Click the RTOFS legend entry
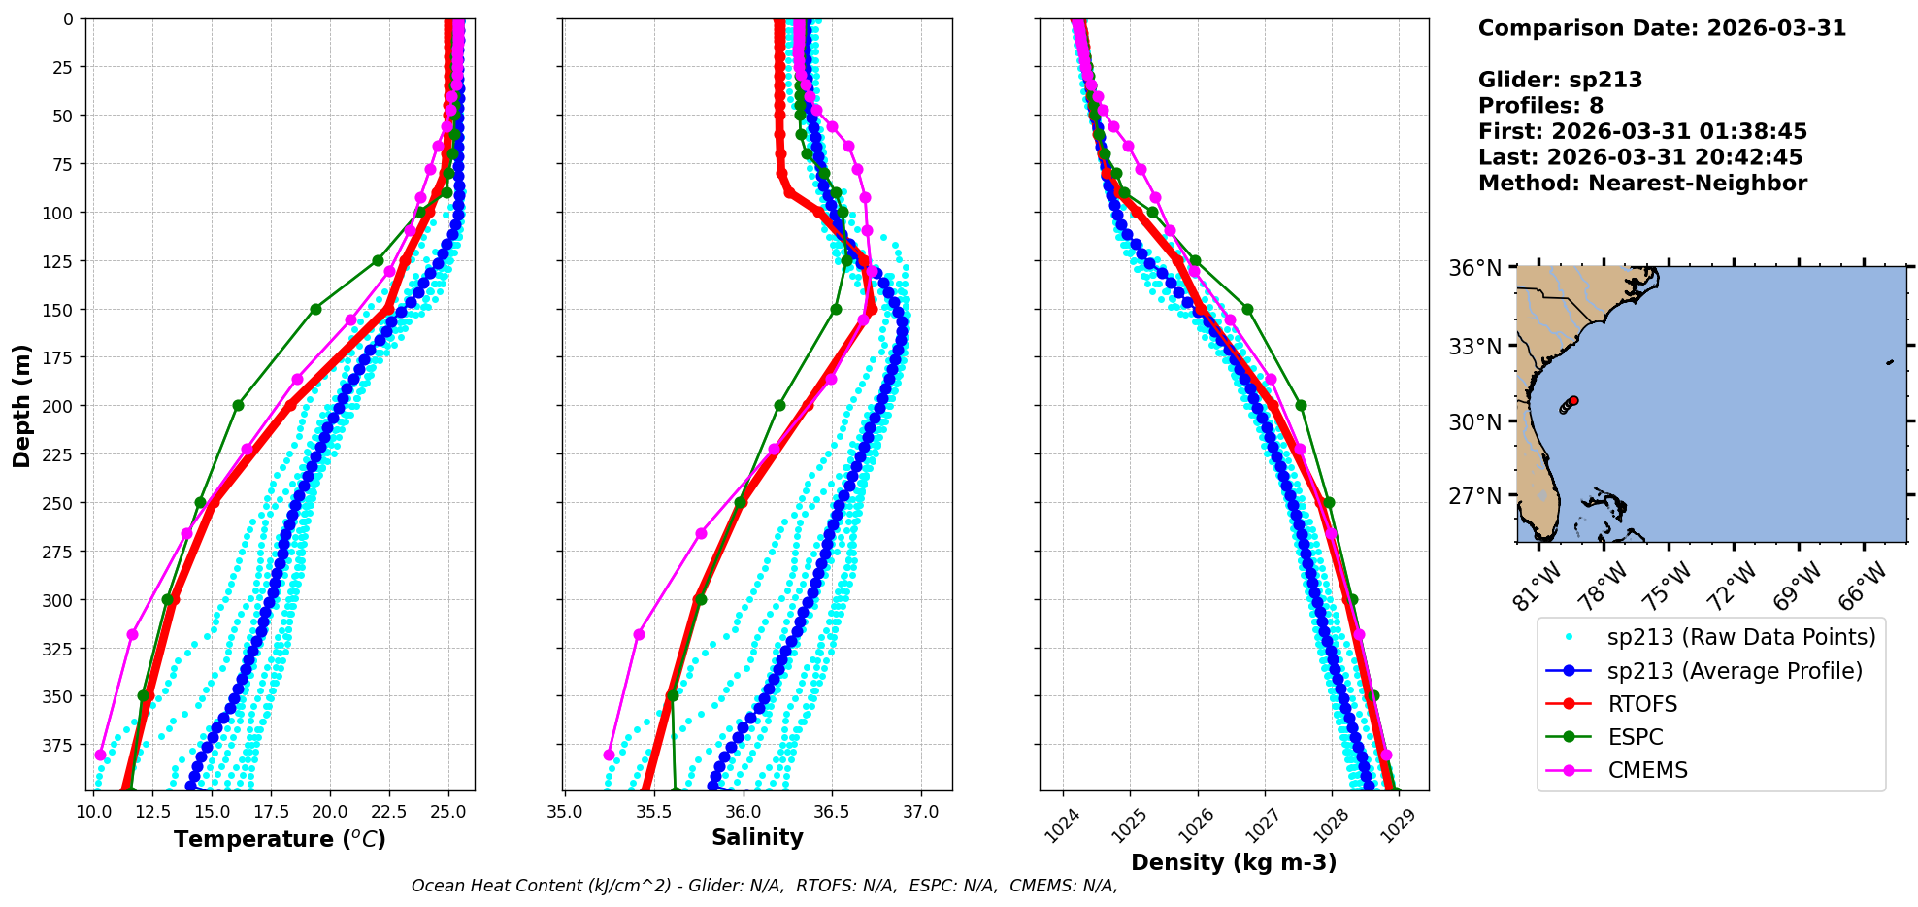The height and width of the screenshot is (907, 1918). (x=1641, y=704)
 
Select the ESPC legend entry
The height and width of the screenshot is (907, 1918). (x=1635, y=737)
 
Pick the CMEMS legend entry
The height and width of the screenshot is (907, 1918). (x=1647, y=770)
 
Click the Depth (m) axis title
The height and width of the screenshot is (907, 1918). (x=21, y=405)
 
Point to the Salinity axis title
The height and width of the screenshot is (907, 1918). (x=757, y=838)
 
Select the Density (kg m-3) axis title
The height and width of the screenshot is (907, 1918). (x=1234, y=862)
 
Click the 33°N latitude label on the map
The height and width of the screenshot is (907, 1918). (x=1474, y=347)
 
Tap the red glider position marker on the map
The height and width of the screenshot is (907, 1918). (x=1573, y=400)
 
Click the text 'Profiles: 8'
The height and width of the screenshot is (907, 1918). (x=1540, y=106)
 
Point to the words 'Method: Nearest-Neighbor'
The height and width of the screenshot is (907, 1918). (x=1642, y=184)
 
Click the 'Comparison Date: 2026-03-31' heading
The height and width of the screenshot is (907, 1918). (x=1662, y=28)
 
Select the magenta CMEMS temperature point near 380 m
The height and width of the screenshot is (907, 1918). (x=100, y=755)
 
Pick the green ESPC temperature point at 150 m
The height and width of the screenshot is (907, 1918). (x=315, y=309)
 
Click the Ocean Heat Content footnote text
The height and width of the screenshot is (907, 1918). (x=764, y=886)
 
